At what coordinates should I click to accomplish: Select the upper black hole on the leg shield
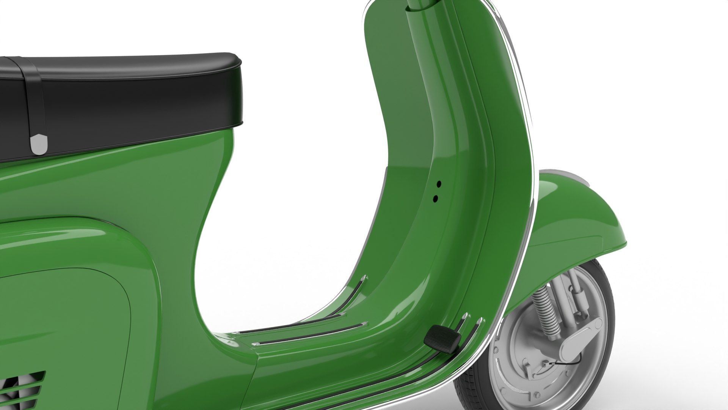[439, 184]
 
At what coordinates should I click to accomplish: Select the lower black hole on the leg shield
[435, 198]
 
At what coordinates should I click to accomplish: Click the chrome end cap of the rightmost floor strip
[480, 321]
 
